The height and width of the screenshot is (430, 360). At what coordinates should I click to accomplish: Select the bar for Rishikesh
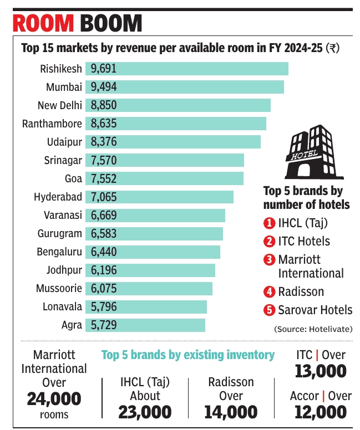click(200, 69)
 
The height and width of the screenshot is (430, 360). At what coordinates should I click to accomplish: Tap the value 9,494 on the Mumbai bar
click(104, 87)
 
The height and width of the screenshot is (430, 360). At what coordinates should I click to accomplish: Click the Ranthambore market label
click(52, 124)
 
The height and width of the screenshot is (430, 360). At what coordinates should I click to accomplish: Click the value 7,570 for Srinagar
click(104, 160)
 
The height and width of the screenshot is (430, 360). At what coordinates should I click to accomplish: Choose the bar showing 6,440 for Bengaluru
click(161, 252)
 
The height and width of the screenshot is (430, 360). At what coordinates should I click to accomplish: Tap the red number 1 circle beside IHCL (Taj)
click(269, 223)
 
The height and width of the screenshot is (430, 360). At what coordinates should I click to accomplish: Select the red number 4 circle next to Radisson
click(269, 291)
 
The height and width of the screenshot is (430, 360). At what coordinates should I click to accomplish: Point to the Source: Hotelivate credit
click(313, 329)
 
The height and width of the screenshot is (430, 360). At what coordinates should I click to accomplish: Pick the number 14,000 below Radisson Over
click(231, 412)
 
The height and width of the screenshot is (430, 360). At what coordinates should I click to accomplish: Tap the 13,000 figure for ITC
click(320, 371)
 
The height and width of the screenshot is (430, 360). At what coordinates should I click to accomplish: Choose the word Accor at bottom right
click(304, 396)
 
